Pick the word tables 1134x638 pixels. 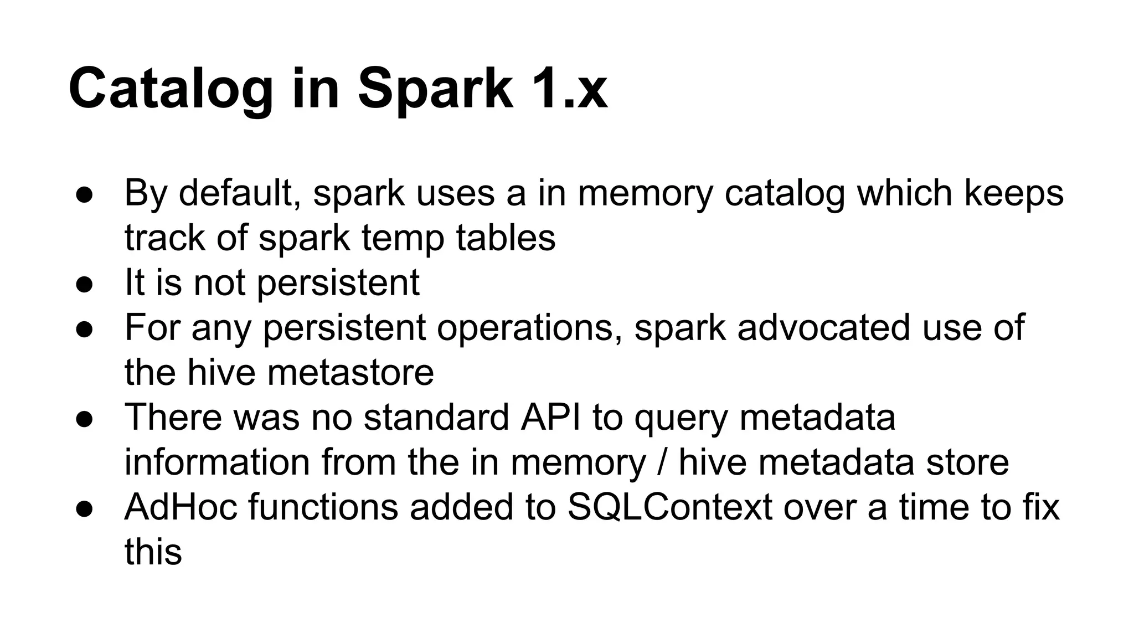coord(506,238)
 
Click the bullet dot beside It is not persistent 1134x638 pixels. coord(84,284)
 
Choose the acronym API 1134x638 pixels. coord(551,417)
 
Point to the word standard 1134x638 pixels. coord(436,417)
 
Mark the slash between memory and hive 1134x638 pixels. coord(662,462)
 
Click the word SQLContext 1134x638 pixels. coord(669,507)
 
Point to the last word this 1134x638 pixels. coord(153,552)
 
